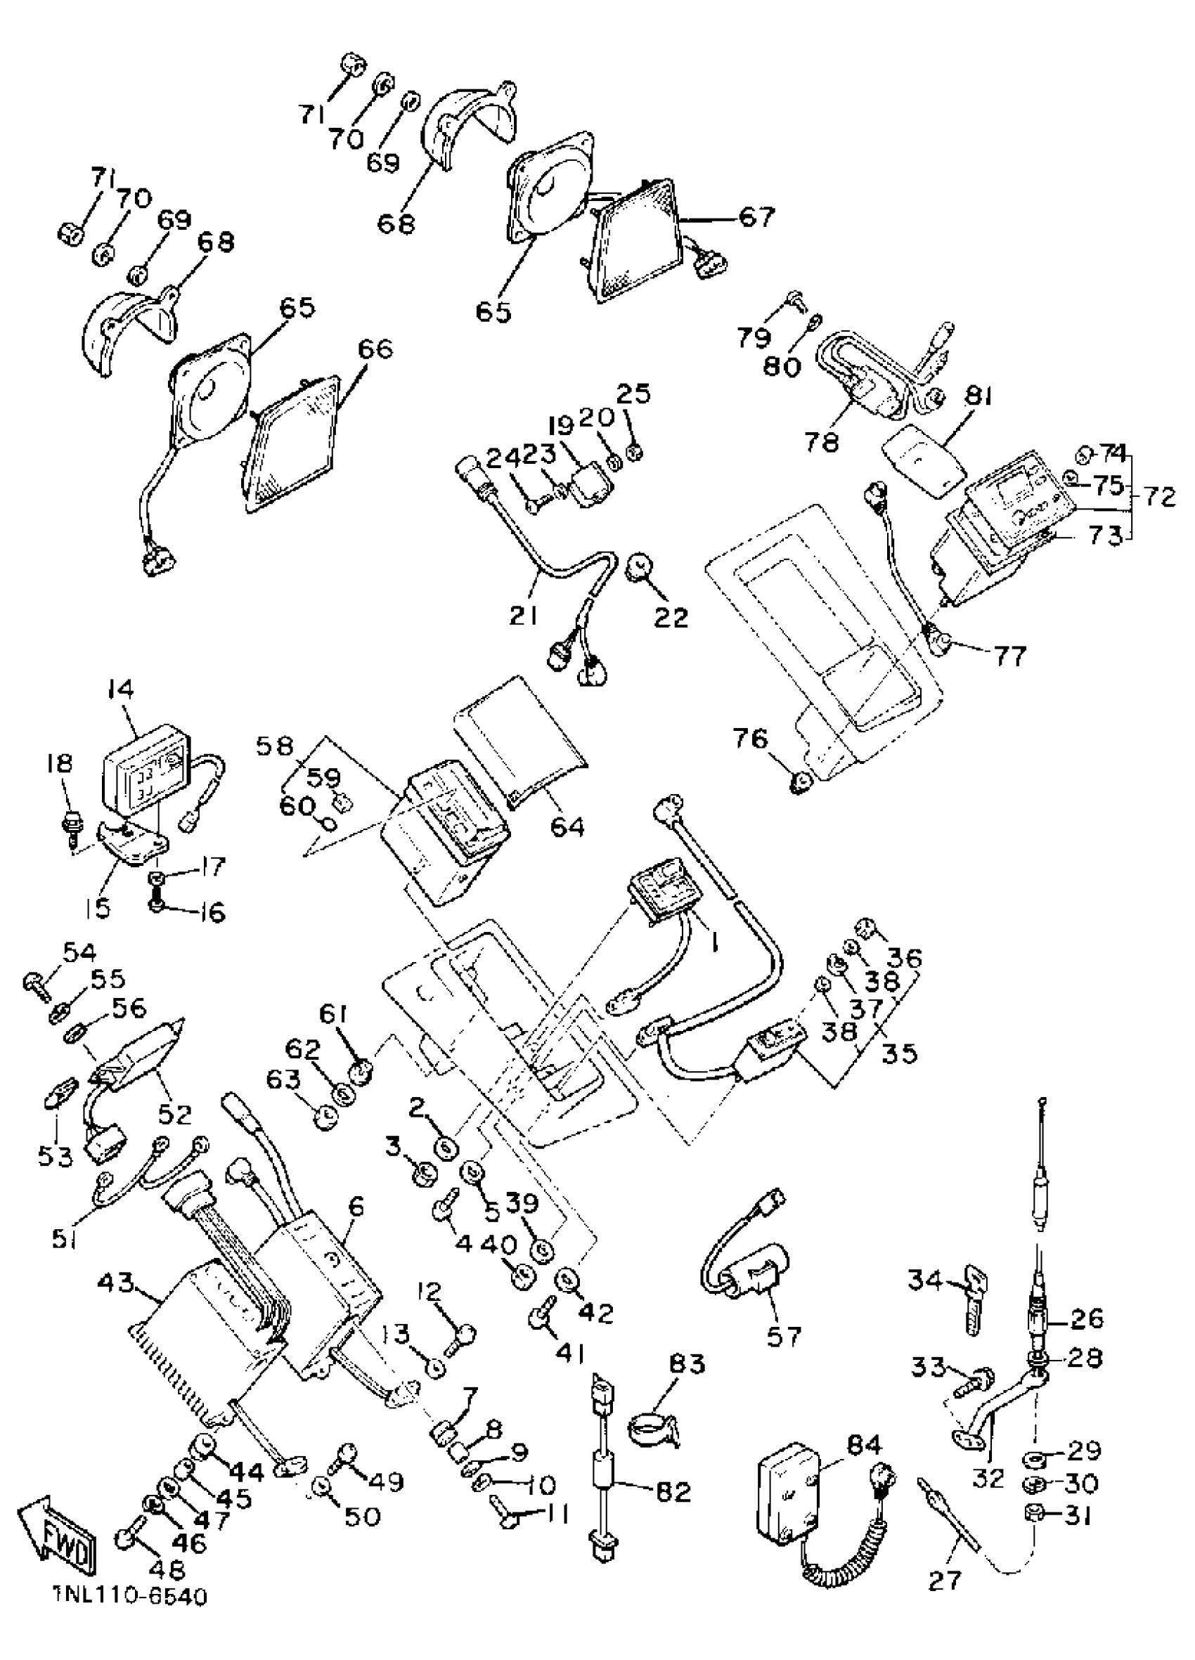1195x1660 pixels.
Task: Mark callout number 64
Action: pos(567,826)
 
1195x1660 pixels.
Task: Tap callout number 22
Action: pos(671,617)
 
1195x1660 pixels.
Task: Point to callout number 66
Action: pos(373,349)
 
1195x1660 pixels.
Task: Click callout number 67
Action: pos(756,217)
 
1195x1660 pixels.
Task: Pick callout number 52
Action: pos(174,1113)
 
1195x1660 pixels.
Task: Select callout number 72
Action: pos(1158,498)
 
